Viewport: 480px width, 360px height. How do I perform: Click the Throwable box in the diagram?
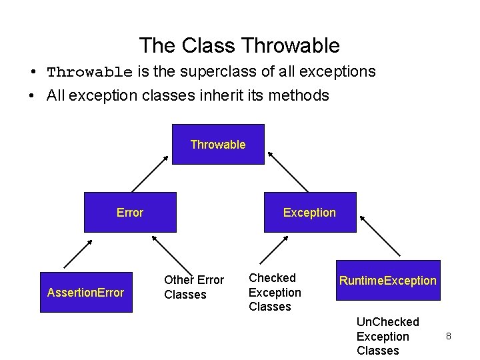point(218,144)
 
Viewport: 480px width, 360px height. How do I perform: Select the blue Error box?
point(131,212)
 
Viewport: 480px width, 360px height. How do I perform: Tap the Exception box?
point(311,212)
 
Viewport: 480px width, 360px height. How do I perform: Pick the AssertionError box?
point(86,293)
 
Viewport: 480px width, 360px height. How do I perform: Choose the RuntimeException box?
point(388,281)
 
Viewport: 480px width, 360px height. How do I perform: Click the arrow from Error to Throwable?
point(150,174)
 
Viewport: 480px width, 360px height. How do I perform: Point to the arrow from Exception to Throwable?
point(288,172)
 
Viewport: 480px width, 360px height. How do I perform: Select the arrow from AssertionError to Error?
point(78,254)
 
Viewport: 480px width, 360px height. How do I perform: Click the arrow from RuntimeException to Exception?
point(380,236)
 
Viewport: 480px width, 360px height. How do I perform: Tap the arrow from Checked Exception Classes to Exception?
point(274,250)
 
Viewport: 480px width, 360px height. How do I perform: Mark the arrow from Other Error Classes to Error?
point(172,256)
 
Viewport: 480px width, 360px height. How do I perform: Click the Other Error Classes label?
point(194,287)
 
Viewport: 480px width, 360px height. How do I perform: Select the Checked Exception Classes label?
point(275,293)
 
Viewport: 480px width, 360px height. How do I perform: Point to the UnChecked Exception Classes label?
point(388,336)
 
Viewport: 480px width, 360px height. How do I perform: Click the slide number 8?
point(449,336)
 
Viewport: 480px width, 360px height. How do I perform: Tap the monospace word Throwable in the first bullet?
point(90,72)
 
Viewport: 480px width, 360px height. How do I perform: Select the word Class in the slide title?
point(209,45)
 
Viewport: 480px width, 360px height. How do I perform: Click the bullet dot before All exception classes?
point(31,95)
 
